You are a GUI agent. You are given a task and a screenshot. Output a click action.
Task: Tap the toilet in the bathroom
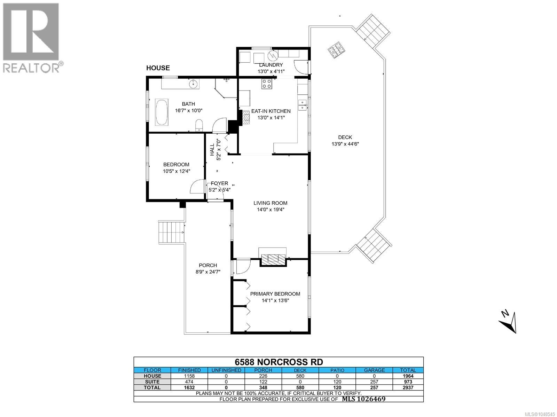(199, 125)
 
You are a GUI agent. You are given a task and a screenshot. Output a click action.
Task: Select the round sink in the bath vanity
(194, 83)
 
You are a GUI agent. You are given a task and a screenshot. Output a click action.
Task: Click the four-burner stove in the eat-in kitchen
(267, 84)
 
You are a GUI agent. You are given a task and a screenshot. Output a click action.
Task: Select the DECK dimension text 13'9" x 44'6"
(345, 144)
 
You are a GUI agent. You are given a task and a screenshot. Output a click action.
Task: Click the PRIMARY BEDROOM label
(275, 294)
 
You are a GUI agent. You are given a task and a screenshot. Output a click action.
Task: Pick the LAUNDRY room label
(271, 65)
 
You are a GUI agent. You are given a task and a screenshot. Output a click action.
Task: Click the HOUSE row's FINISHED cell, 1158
(189, 376)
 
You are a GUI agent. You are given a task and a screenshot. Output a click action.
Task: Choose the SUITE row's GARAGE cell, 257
(374, 382)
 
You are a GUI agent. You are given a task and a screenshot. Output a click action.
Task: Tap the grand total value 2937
(408, 387)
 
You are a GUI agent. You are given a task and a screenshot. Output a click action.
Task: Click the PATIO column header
(337, 370)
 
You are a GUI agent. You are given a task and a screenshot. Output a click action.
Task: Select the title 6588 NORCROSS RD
(278, 362)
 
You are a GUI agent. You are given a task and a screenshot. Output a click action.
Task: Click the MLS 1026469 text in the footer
(364, 399)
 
